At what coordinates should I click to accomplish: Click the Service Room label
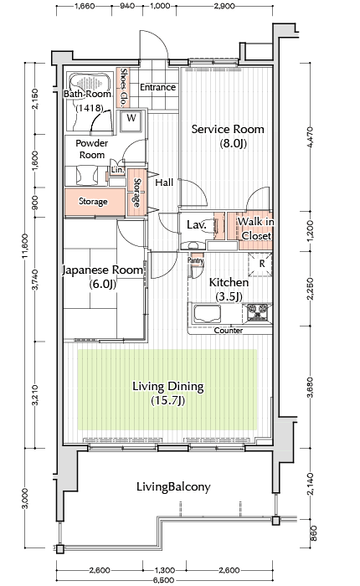228,136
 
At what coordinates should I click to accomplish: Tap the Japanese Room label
102,277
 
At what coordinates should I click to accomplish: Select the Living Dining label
167,393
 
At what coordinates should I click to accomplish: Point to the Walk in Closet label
255,229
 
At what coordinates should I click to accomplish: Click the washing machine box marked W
131,121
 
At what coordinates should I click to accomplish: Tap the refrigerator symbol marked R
261,265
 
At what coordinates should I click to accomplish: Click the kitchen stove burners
258,312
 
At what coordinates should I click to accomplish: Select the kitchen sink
207,313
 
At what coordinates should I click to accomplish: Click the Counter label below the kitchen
229,331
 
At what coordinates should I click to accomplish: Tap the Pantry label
196,260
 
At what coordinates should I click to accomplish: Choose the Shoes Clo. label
124,87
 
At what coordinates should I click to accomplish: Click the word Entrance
157,87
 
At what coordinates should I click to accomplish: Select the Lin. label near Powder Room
117,169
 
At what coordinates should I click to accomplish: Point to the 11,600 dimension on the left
25,246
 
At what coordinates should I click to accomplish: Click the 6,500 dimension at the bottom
164,579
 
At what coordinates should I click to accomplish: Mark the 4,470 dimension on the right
310,137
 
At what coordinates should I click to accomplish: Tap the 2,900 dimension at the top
224,6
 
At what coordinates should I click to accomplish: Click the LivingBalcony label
173,486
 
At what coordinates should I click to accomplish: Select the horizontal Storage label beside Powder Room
93,201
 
